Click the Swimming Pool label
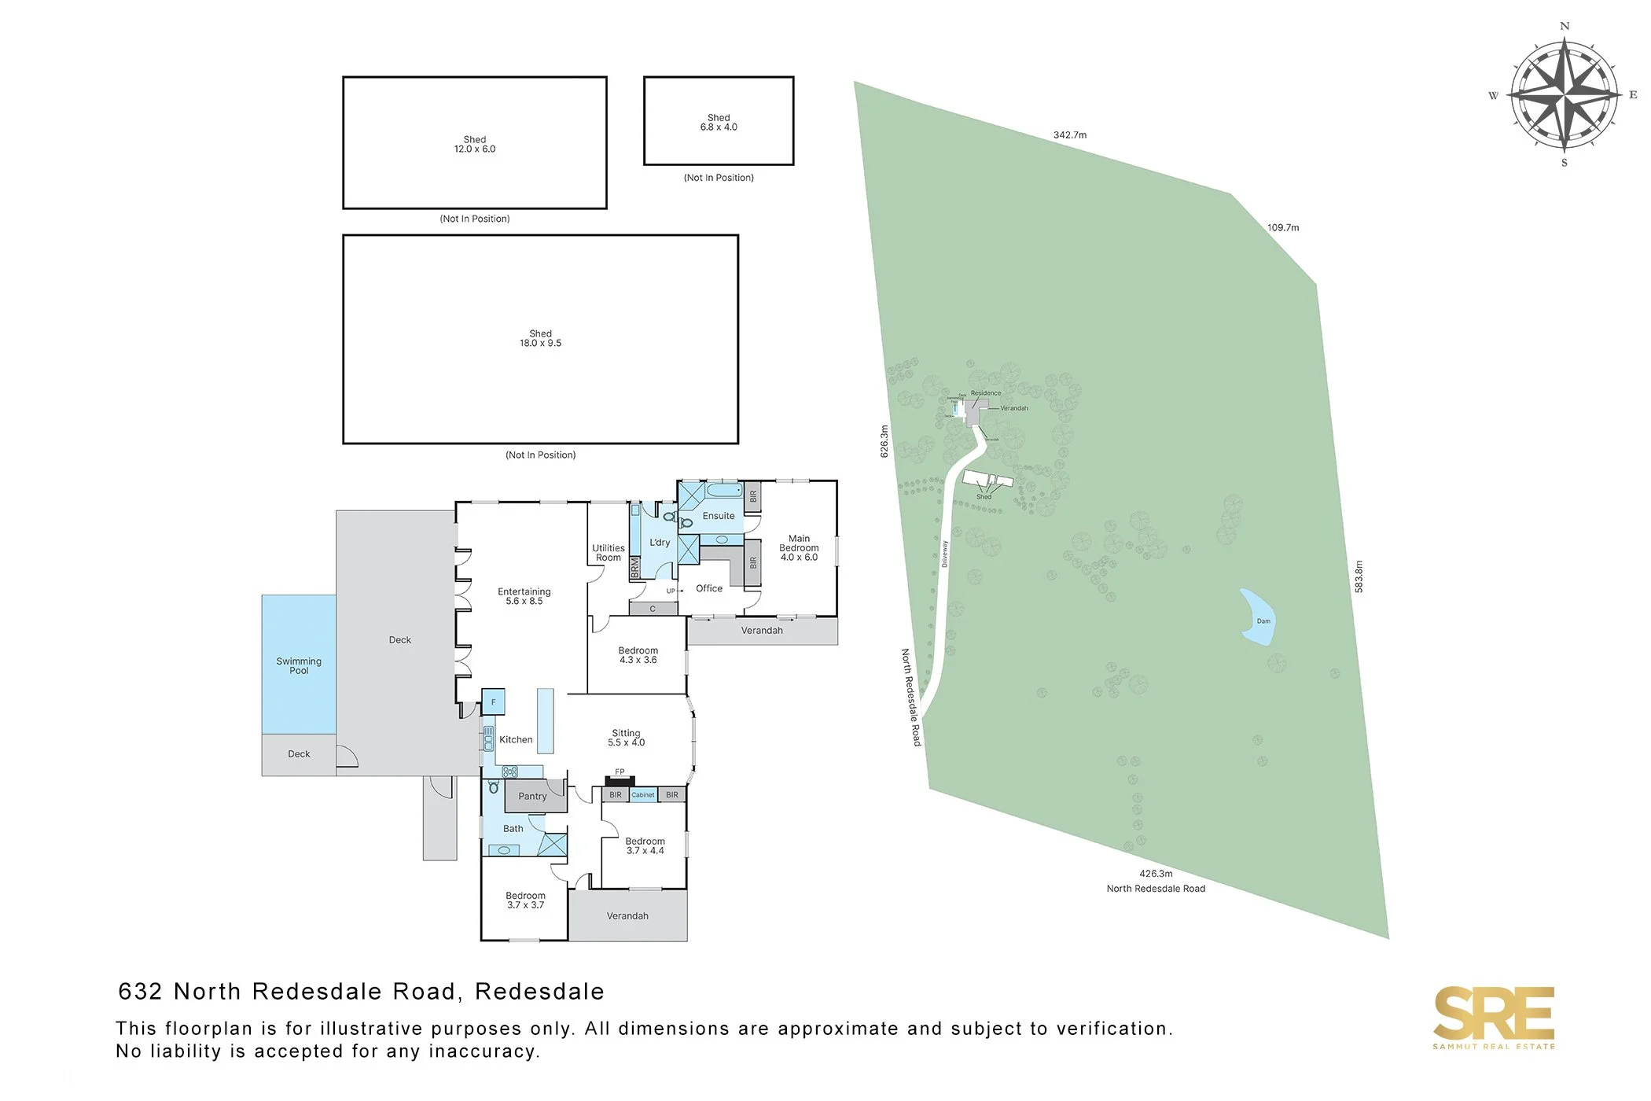(299, 665)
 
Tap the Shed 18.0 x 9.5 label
(540, 338)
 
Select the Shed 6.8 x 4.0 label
(719, 122)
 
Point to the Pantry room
(532, 796)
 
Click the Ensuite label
(719, 516)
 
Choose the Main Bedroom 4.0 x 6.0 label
(799, 548)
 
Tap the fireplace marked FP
(620, 779)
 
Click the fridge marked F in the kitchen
(493, 701)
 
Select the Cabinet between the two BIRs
(643, 795)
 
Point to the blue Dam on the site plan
(1256, 618)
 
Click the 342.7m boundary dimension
(1070, 135)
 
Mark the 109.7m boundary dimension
(1283, 228)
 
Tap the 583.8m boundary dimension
(1359, 576)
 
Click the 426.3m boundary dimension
(1156, 874)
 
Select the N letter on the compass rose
(1565, 26)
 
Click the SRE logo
(1494, 1014)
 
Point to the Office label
(709, 588)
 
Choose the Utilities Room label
(609, 553)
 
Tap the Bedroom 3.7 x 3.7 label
(525, 900)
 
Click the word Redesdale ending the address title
(539, 992)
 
